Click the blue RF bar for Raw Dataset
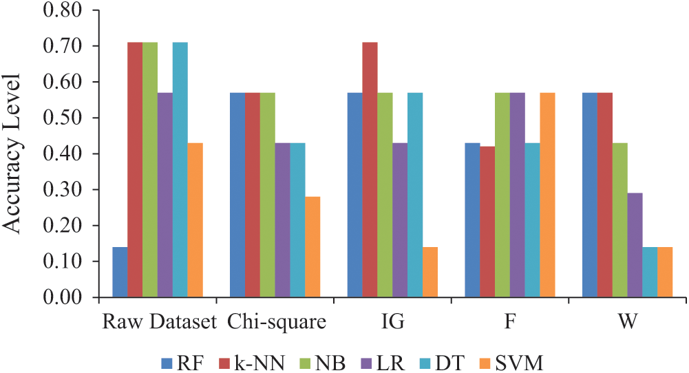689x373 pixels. tap(120, 272)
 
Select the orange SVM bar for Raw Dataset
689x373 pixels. tap(195, 220)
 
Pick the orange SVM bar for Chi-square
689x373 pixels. tap(312, 247)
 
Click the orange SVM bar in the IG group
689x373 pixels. tap(430, 272)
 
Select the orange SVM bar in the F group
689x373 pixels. tap(547, 195)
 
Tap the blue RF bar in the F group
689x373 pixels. tap(472, 220)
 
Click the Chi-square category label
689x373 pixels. tap(275, 322)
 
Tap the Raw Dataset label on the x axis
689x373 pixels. tap(158, 322)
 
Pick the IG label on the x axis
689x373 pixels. tap(392, 322)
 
